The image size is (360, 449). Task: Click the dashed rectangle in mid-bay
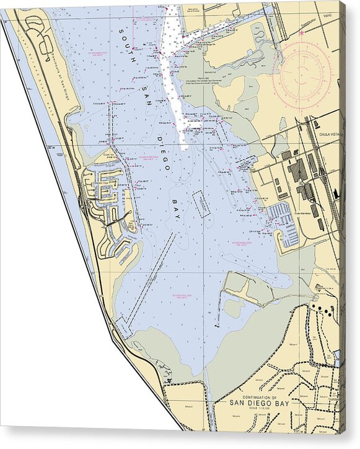(x=201, y=204)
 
